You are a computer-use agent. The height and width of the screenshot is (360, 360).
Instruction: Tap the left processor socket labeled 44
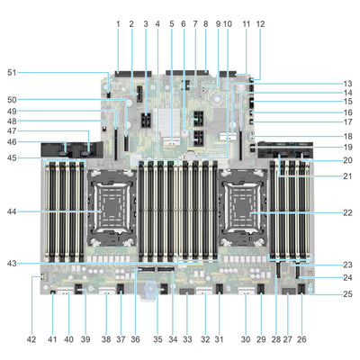[109, 212]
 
